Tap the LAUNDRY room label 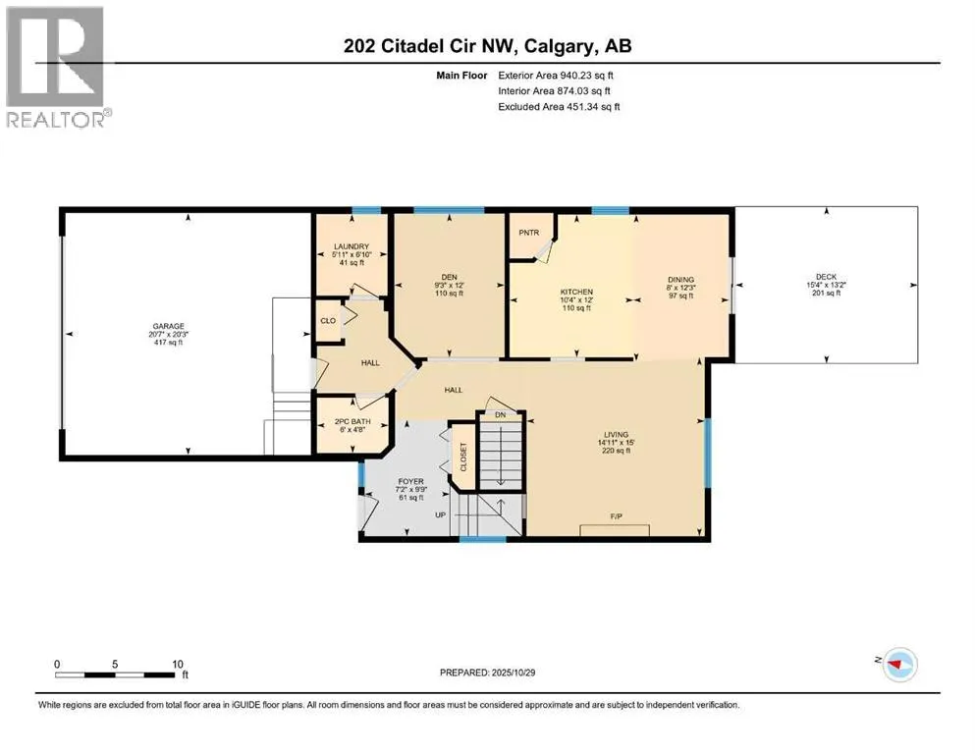351,246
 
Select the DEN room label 447,277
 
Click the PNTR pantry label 529,234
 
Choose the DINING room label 681,279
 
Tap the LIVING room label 617,434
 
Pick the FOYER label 409,481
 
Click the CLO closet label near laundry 328,320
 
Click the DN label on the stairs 500,415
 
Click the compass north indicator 894,665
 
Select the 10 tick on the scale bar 178,663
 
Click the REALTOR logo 59,65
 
